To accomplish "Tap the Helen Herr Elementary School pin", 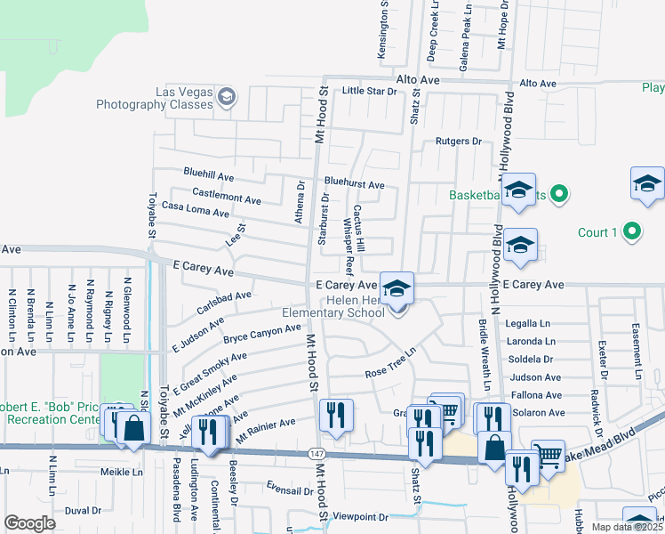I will (397, 287).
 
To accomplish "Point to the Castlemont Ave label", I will (227, 193).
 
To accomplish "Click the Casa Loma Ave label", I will (196, 209).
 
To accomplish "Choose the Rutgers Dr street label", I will (458, 142).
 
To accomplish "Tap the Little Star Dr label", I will (369, 91).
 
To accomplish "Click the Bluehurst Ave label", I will (354, 185).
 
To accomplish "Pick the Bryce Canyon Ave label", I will (262, 334).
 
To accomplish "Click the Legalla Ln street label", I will (528, 324).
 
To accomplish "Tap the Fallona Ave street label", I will (535, 395).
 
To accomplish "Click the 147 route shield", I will (317, 454).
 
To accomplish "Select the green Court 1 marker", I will (631, 232).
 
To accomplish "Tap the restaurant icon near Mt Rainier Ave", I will (336, 415).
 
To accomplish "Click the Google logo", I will (29, 522).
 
